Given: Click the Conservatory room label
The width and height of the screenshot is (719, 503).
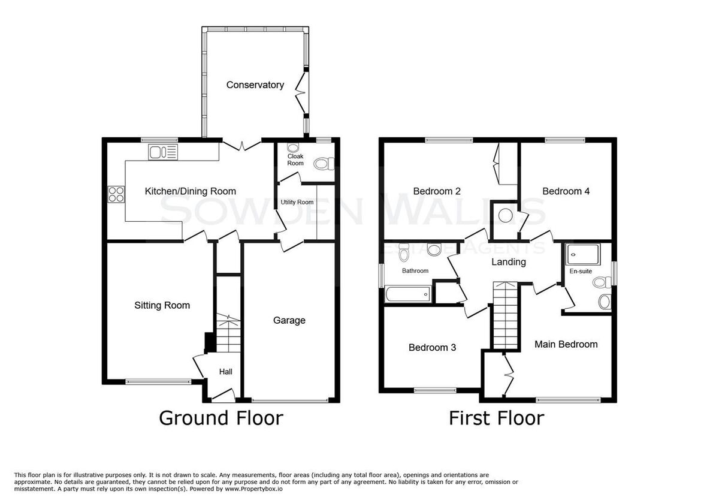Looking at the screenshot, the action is pyautogui.click(x=255, y=85).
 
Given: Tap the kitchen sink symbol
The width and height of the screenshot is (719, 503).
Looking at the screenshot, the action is pyautogui.click(x=163, y=152).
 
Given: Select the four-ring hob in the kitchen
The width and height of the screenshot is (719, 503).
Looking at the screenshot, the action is pyautogui.click(x=116, y=194).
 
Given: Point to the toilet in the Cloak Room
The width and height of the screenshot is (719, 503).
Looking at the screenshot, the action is pyautogui.click(x=324, y=164).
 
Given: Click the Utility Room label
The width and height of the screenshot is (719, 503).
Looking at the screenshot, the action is pyautogui.click(x=297, y=202).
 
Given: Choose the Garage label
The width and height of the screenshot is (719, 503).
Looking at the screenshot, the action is pyautogui.click(x=289, y=320).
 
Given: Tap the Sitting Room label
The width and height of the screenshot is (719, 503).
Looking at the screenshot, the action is pyautogui.click(x=162, y=305).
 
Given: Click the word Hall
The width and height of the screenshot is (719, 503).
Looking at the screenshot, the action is pyautogui.click(x=226, y=372).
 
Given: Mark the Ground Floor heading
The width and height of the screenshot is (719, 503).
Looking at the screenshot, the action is pyautogui.click(x=221, y=418).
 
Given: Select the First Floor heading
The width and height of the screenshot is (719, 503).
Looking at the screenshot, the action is pyautogui.click(x=496, y=418).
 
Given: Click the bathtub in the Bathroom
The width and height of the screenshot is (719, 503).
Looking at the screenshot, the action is pyautogui.click(x=408, y=294).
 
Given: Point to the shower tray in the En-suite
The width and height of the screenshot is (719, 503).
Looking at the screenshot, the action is pyautogui.click(x=583, y=255).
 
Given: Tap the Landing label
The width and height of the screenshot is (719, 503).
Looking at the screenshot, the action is pyautogui.click(x=509, y=262).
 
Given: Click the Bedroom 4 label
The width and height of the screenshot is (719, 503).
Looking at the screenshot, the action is pyautogui.click(x=566, y=191).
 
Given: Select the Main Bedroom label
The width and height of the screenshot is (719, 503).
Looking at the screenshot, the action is pyautogui.click(x=566, y=344).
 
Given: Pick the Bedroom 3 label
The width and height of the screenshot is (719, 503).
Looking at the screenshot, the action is pyautogui.click(x=432, y=348).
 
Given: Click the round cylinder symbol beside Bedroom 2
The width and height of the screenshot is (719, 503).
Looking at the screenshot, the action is pyautogui.click(x=505, y=215).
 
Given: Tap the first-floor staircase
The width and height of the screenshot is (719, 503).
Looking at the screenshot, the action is pyautogui.click(x=506, y=315).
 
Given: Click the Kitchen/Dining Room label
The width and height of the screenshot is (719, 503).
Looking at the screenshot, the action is pyautogui.click(x=191, y=191).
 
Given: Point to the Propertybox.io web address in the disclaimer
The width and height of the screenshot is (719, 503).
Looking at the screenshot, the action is pyautogui.click(x=253, y=489).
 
